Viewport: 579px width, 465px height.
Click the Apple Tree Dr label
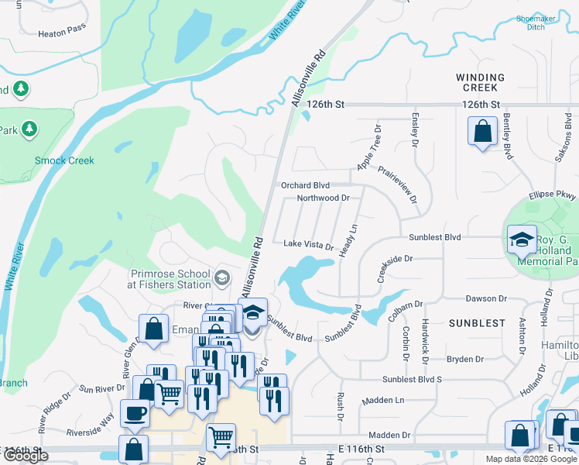369,148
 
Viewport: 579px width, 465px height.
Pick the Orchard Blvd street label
306,185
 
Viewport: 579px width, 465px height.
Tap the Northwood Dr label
324,198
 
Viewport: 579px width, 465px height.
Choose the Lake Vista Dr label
308,244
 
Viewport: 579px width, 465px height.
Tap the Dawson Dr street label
485,298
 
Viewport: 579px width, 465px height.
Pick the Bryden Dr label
464,359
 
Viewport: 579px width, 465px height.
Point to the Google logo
25,456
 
